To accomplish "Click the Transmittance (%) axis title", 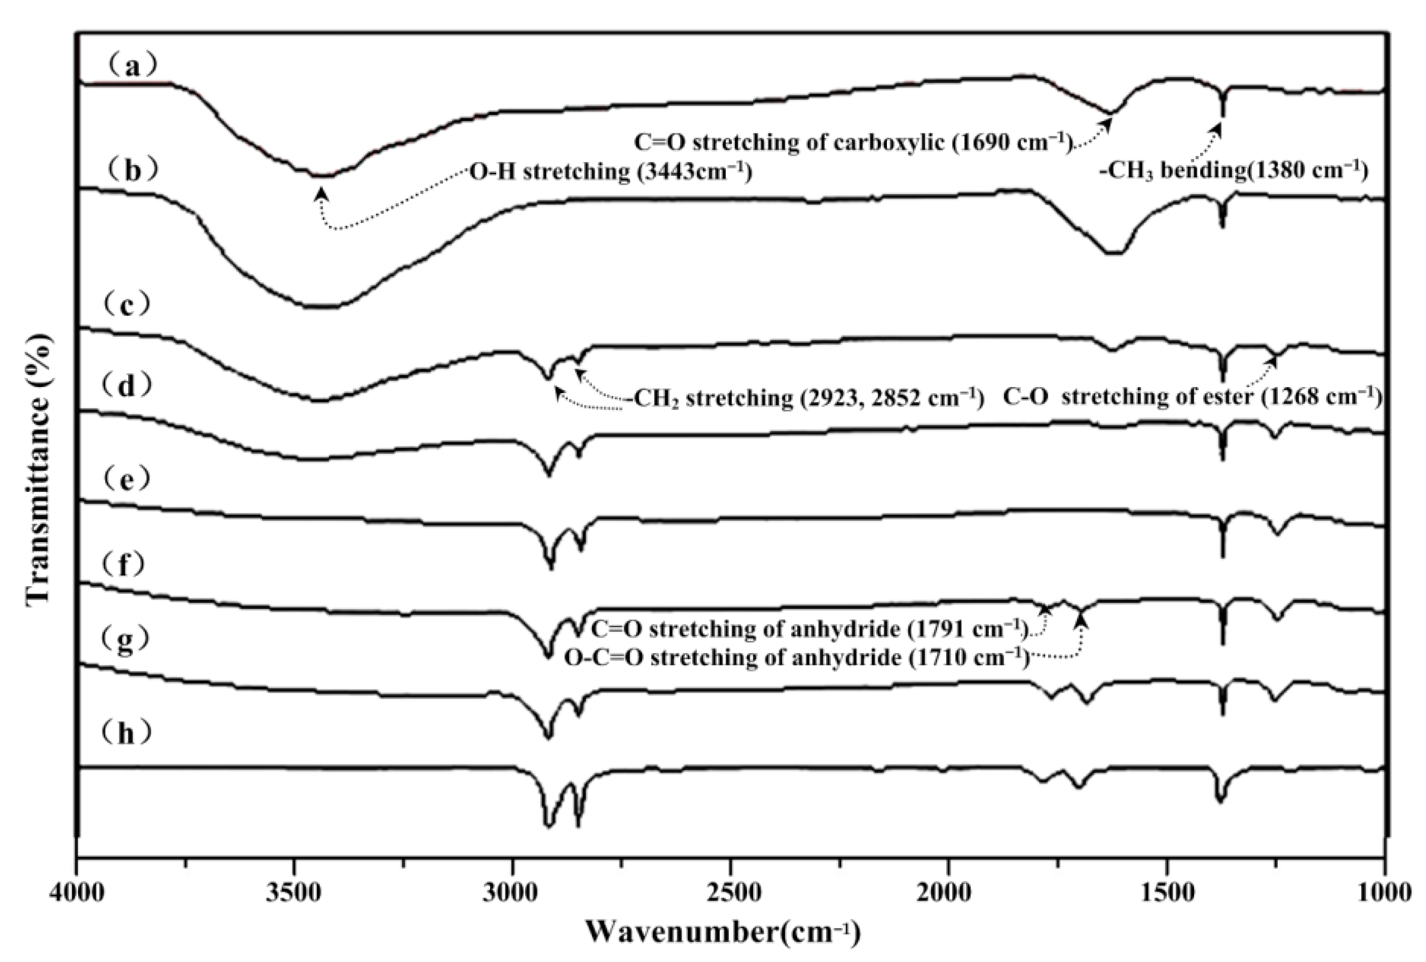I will pyautogui.click(x=38, y=470).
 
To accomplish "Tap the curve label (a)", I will pyautogui.click(x=130, y=66).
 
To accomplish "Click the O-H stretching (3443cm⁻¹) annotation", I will pyautogui.click(x=610, y=172).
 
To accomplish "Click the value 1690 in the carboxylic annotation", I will pyautogui.click(x=978, y=142).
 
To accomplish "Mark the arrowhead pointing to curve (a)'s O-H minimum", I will pyautogui.click(x=321, y=194).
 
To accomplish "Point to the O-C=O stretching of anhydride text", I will pyautogui.click(x=733, y=658).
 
